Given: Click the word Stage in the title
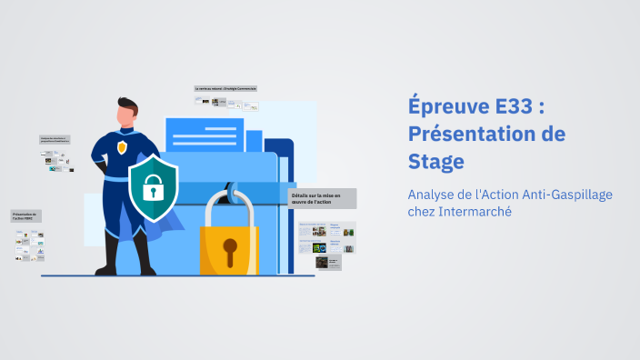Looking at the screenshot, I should click(435, 161).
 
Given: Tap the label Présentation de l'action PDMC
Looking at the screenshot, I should click(26, 216).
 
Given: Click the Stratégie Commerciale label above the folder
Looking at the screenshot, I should click(225, 88).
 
